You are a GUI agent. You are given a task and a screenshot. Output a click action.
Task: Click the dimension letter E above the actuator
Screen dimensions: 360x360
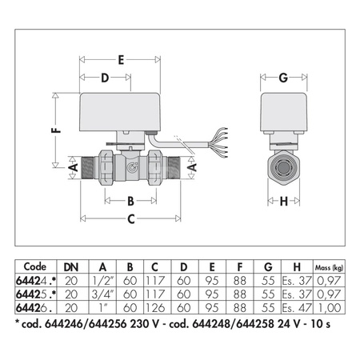click(121, 59)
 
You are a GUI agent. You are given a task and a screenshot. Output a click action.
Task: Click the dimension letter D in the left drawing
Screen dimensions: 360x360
click(104, 78)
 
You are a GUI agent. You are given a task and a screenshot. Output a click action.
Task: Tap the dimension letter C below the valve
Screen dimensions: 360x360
click(132, 218)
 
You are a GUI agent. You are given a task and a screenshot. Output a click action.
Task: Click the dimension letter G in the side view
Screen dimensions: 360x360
click(284, 78)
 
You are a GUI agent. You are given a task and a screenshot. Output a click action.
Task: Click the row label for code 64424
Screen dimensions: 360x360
click(36, 281)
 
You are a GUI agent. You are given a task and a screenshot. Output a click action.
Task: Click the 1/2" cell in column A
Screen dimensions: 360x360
click(102, 281)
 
